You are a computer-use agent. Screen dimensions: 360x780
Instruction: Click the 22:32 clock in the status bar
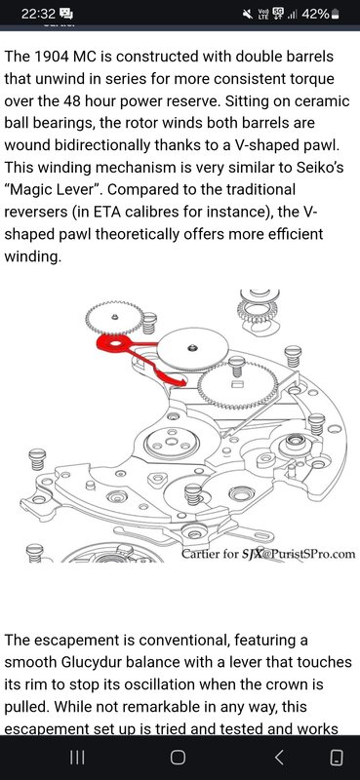pos(38,15)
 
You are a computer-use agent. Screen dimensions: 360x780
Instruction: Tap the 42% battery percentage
pos(315,15)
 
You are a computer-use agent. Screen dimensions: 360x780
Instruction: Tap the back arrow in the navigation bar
pos(279,758)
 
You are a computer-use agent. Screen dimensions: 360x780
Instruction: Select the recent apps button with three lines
pos(77,758)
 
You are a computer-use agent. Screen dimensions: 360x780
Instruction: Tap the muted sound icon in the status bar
pos(248,15)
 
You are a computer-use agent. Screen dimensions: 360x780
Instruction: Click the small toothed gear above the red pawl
pos(114,318)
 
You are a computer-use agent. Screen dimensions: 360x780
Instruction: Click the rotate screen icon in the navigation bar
pos(337,758)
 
